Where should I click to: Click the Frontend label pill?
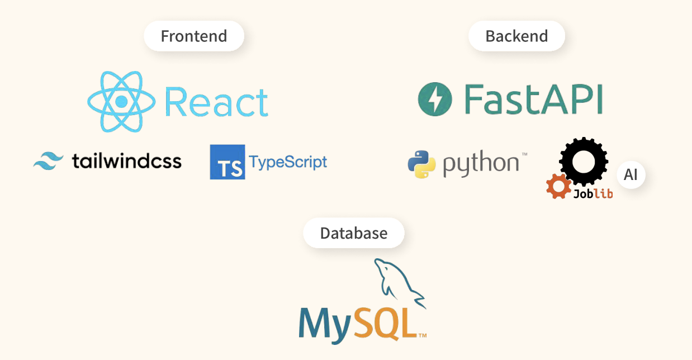coord(194,36)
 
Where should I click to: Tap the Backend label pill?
coord(516,36)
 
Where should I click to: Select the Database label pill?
coord(353,233)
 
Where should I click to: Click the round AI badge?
coord(631,175)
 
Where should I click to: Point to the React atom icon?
coord(121,102)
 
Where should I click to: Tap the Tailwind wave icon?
coord(49,161)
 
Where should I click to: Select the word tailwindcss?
coord(127,161)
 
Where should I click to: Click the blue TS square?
coord(227,162)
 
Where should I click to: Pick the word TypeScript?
coord(288,162)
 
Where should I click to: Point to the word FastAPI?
coord(534,100)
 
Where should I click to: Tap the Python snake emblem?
coord(421,164)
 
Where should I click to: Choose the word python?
coord(482,164)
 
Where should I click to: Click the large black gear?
coord(583,161)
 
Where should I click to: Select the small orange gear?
coord(558,186)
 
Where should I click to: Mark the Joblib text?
coord(593,193)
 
